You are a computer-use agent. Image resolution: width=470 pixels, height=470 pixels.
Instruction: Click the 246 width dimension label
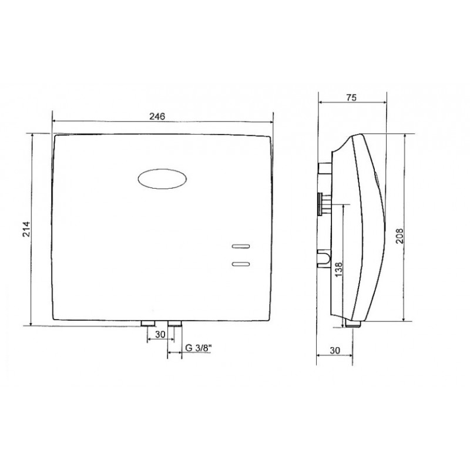[x=157, y=116]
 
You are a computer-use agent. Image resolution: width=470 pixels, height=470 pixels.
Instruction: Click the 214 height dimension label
[x=26, y=229]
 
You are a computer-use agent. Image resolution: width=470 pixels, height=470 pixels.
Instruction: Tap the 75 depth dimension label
[x=351, y=98]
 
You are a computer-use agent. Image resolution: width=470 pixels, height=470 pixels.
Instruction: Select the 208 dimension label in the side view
[x=399, y=236]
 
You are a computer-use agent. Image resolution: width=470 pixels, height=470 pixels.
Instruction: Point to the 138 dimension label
[x=338, y=270]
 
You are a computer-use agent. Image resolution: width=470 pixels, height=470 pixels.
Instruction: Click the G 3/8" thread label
[x=199, y=348]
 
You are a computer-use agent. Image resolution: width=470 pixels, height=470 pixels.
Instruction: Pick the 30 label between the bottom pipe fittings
[x=160, y=334]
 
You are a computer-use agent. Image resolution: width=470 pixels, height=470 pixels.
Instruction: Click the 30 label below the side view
[x=335, y=350]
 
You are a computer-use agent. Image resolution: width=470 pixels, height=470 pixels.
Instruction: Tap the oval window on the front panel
[x=162, y=179]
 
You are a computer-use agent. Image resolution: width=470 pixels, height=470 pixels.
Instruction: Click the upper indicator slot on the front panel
[x=241, y=246]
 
